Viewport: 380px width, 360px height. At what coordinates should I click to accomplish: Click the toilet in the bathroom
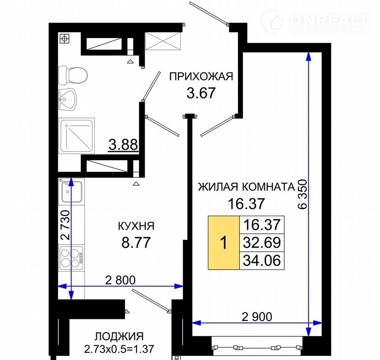(73, 75)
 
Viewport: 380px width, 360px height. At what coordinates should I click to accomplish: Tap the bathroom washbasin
(67, 100)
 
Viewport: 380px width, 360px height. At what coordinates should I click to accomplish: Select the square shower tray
(76, 136)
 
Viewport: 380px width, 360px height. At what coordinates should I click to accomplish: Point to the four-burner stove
(72, 258)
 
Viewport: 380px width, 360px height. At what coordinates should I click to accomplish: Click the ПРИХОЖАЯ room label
(201, 77)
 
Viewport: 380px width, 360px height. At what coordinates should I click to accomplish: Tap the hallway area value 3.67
(201, 93)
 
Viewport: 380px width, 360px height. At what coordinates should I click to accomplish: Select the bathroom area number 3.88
(123, 145)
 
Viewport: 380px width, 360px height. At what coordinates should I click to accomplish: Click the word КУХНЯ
(136, 226)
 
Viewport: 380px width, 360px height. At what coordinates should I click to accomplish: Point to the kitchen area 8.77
(136, 243)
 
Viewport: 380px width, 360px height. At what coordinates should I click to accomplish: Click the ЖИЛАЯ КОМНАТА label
(247, 187)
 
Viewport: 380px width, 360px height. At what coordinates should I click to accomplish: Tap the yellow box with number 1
(224, 243)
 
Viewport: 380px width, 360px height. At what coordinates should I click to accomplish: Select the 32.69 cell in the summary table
(262, 243)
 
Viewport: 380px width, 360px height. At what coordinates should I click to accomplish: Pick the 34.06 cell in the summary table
(262, 260)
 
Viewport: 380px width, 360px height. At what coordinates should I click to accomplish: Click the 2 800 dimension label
(120, 280)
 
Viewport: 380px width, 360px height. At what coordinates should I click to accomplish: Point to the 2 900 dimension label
(257, 316)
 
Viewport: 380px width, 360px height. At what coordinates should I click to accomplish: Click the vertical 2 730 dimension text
(65, 225)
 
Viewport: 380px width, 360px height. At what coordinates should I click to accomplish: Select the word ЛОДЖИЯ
(119, 337)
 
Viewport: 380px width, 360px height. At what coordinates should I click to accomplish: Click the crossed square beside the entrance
(163, 41)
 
